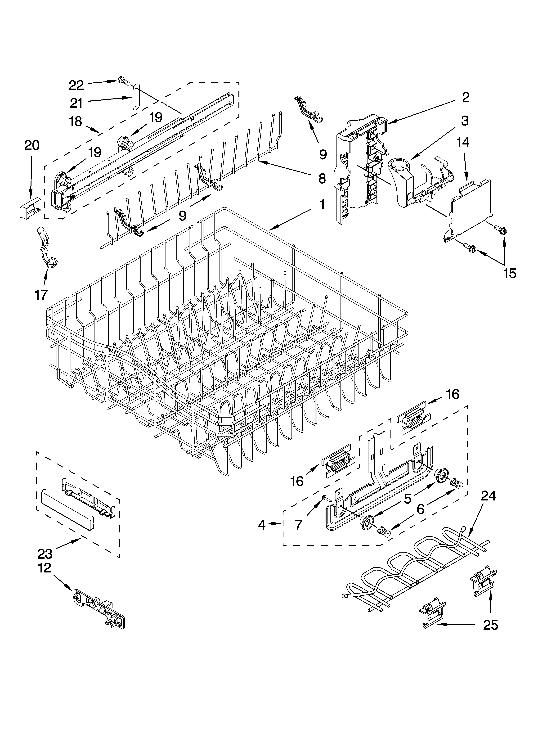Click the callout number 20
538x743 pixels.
[32, 145]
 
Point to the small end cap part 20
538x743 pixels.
[30, 208]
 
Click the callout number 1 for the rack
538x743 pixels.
[322, 205]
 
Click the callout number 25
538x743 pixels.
[490, 625]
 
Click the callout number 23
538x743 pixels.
[45, 554]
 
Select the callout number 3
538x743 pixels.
[465, 121]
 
